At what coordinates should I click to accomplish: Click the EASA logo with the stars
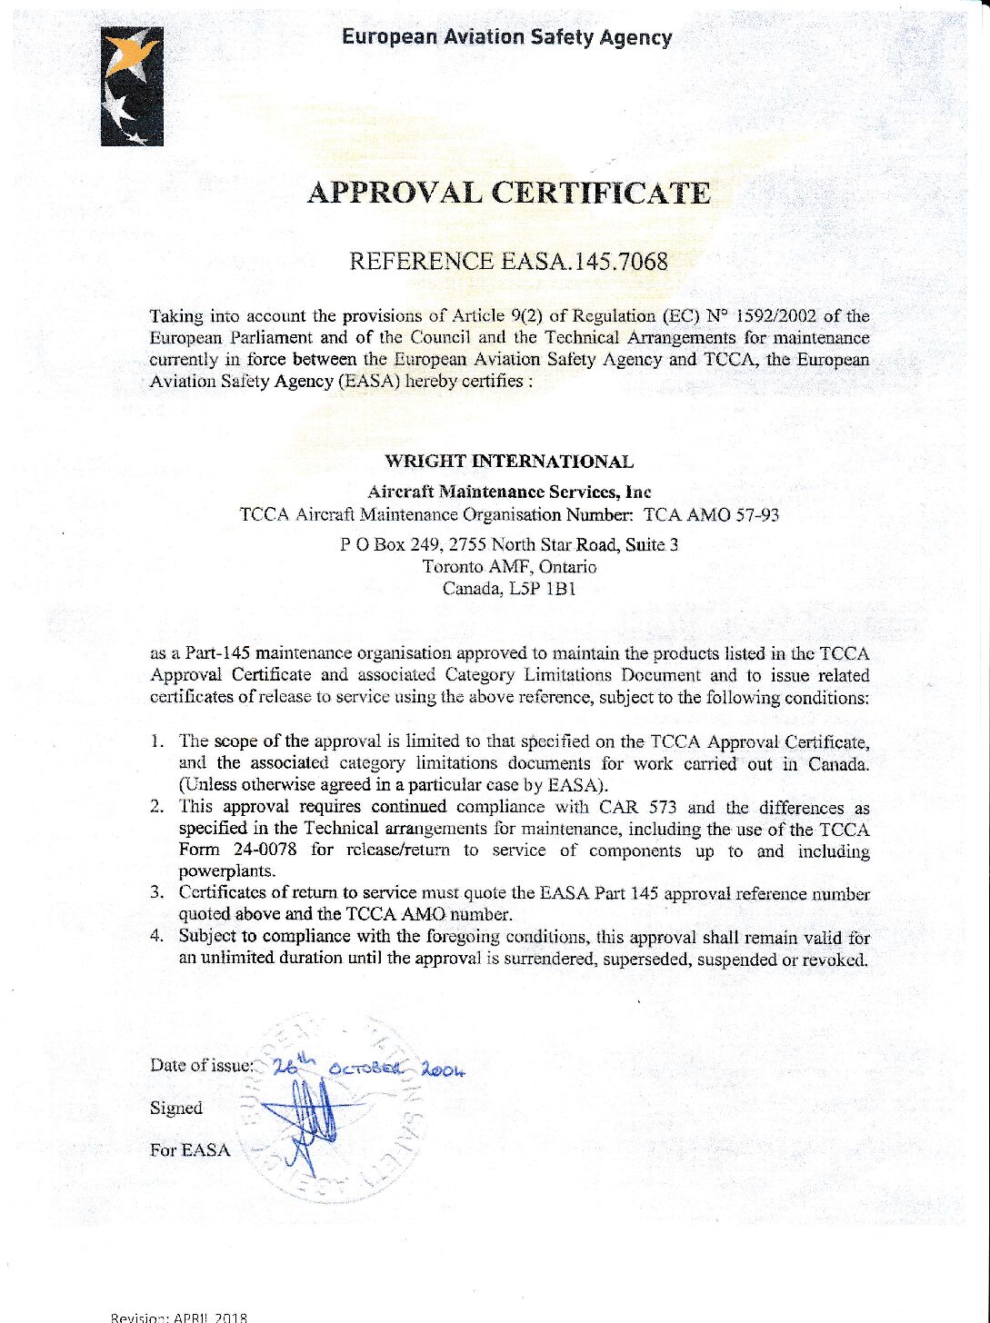tap(132, 86)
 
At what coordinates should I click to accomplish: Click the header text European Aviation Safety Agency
tap(507, 38)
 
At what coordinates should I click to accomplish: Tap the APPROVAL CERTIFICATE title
tap(508, 194)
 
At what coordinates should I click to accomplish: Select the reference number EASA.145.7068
tap(585, 263)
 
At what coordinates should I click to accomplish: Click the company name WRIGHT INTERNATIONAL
tap(509, 462)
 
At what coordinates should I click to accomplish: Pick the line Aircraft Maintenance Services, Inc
tap(509, 492)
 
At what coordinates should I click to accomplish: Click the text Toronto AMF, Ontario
tap(509, 567)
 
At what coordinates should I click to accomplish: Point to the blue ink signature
tap(309, 1122)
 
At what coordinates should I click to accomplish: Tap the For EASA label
tap(190, 1150)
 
